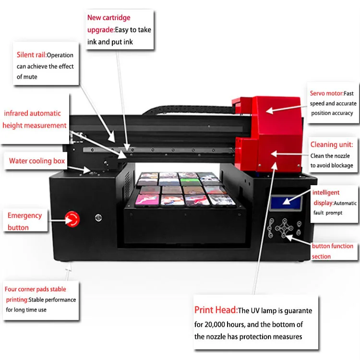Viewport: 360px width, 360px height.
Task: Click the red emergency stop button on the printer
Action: pos(73,219)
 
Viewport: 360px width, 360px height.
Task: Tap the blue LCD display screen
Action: pos(286,203)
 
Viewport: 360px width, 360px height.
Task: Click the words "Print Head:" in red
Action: pos(216,310)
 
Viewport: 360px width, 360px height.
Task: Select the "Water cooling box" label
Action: pos(36,161)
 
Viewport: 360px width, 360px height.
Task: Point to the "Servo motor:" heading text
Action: pos(326,94)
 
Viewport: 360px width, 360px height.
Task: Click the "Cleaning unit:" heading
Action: pos(331,144)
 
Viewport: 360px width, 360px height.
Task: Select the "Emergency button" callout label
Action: pos(25,221)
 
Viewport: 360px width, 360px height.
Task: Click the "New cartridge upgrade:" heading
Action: pos(108,24)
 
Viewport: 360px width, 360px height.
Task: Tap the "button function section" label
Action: pos(332,251)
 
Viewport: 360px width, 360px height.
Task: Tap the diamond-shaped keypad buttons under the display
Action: pos(284,228)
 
